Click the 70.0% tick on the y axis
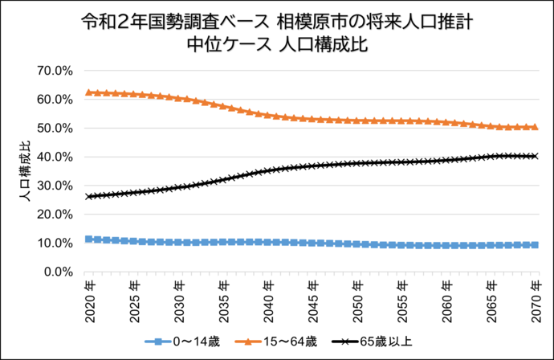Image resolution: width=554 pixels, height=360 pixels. (x=55, y=71)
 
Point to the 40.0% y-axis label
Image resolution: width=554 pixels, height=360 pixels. (x=55, y=157)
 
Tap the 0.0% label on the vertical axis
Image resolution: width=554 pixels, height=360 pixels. (x=59, y=272)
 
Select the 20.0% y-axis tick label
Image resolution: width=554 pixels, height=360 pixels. (x=55, y=215)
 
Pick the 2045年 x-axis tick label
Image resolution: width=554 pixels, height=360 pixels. (x=312, y=297)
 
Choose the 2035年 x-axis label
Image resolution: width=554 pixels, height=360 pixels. (x=223, y=297)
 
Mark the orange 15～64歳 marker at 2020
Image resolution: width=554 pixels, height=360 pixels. (x=88, y=92)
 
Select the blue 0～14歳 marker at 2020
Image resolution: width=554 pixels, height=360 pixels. (x=88, y=239)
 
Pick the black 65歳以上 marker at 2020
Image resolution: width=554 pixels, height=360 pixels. (x=88, y=196)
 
